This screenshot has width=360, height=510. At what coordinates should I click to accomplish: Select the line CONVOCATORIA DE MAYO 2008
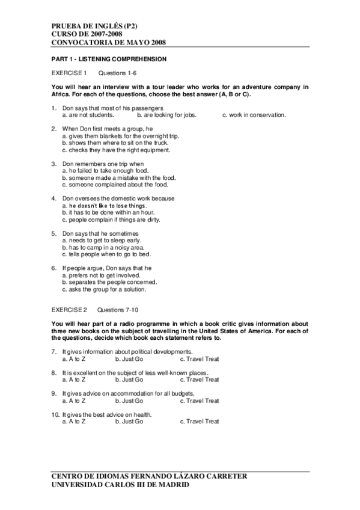pos(108,43)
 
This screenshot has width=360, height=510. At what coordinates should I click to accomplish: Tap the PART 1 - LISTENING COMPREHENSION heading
pos(109,60)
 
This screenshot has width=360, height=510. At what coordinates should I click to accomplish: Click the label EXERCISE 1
pos(69,73)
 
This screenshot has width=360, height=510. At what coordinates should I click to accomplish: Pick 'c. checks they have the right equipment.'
pos(116,150)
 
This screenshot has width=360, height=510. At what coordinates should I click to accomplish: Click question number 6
pos(53,268)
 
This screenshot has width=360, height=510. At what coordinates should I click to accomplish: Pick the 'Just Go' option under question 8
pos(129,380)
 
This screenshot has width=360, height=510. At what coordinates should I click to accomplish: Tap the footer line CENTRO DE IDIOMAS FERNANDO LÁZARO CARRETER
pos(150,476)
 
